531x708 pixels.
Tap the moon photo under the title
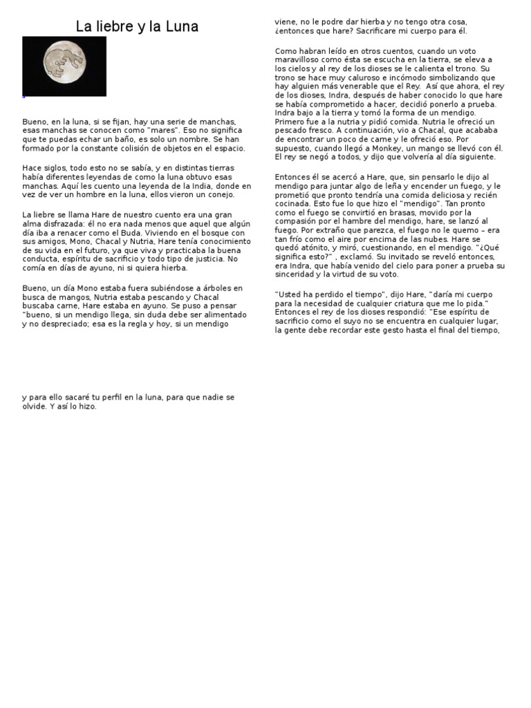click(64, 66)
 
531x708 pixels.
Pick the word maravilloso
click(300, 60)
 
